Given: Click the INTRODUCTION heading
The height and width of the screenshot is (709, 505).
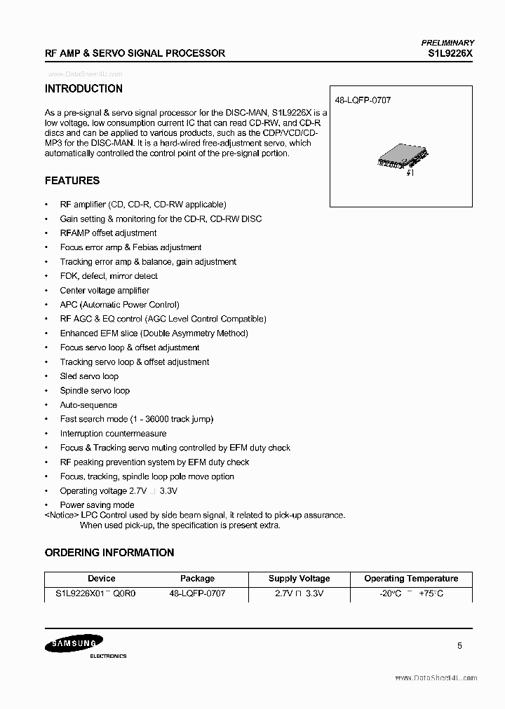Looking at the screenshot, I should (x=83, y=89).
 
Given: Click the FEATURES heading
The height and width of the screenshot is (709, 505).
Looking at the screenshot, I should (x=72, y=181).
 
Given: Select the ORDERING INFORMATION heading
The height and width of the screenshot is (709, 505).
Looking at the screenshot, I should (x=109, y=553).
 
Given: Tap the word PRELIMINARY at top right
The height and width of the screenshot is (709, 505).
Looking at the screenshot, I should (x=447, y=43).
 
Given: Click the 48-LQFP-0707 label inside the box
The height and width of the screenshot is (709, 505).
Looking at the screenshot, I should (x=363, y=100).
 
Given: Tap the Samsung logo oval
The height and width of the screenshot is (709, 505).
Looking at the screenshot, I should (x=74, y=644).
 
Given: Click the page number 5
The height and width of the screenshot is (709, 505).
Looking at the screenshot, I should (x=459, y=647).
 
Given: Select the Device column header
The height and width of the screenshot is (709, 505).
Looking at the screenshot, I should (x=102, y=579).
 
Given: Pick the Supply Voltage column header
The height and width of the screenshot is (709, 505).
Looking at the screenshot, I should (x=299, y=579).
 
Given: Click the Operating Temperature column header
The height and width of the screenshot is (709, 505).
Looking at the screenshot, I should (x=411, y=579).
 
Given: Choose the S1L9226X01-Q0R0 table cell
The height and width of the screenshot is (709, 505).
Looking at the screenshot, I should (x=96, y=593).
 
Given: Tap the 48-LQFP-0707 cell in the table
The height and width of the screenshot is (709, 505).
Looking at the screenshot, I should (x=197, y=593).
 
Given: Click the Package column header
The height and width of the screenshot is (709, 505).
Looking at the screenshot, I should (x=197, y=579).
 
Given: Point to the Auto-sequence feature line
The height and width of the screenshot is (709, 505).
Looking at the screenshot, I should (x=88, y=405).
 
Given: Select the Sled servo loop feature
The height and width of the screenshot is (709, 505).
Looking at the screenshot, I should (x=89, y=376).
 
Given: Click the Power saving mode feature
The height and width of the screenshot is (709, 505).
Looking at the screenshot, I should (x=97, y=505).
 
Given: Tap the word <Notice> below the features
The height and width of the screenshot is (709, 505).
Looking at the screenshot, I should (x=62, y=515).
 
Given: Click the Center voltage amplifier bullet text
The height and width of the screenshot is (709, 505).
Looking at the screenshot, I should (x=105, y=290).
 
